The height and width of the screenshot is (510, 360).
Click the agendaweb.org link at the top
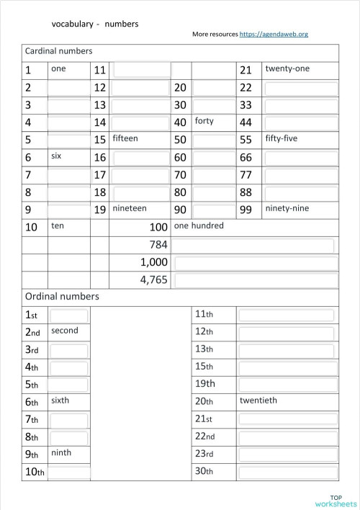pos(278,34)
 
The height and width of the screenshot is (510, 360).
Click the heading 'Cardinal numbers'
pos(58,52)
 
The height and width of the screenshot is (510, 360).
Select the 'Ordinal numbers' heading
pos(62,296)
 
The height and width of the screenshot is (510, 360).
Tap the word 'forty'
pos(204,121)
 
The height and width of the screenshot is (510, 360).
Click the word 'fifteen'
pos(125,138)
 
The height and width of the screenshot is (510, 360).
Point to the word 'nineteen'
pos(130,208)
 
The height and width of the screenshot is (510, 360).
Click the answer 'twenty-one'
pos(287,68)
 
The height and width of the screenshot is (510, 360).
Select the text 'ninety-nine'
pos(287,208)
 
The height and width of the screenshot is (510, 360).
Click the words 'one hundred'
pos(199,225)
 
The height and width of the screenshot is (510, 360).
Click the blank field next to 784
pos(254,245)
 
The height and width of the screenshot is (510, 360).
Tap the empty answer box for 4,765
pos(254,280)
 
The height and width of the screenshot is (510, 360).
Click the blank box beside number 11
pos(141,70)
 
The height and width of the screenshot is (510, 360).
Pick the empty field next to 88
pos(300,192)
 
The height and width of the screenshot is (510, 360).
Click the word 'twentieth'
pos(258,400)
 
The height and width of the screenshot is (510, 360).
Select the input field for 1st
pos(69,316)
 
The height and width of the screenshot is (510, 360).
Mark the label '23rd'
pos(204,454)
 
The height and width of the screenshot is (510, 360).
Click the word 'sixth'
pos(60,400)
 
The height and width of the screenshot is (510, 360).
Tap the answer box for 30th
pos(287,472)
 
